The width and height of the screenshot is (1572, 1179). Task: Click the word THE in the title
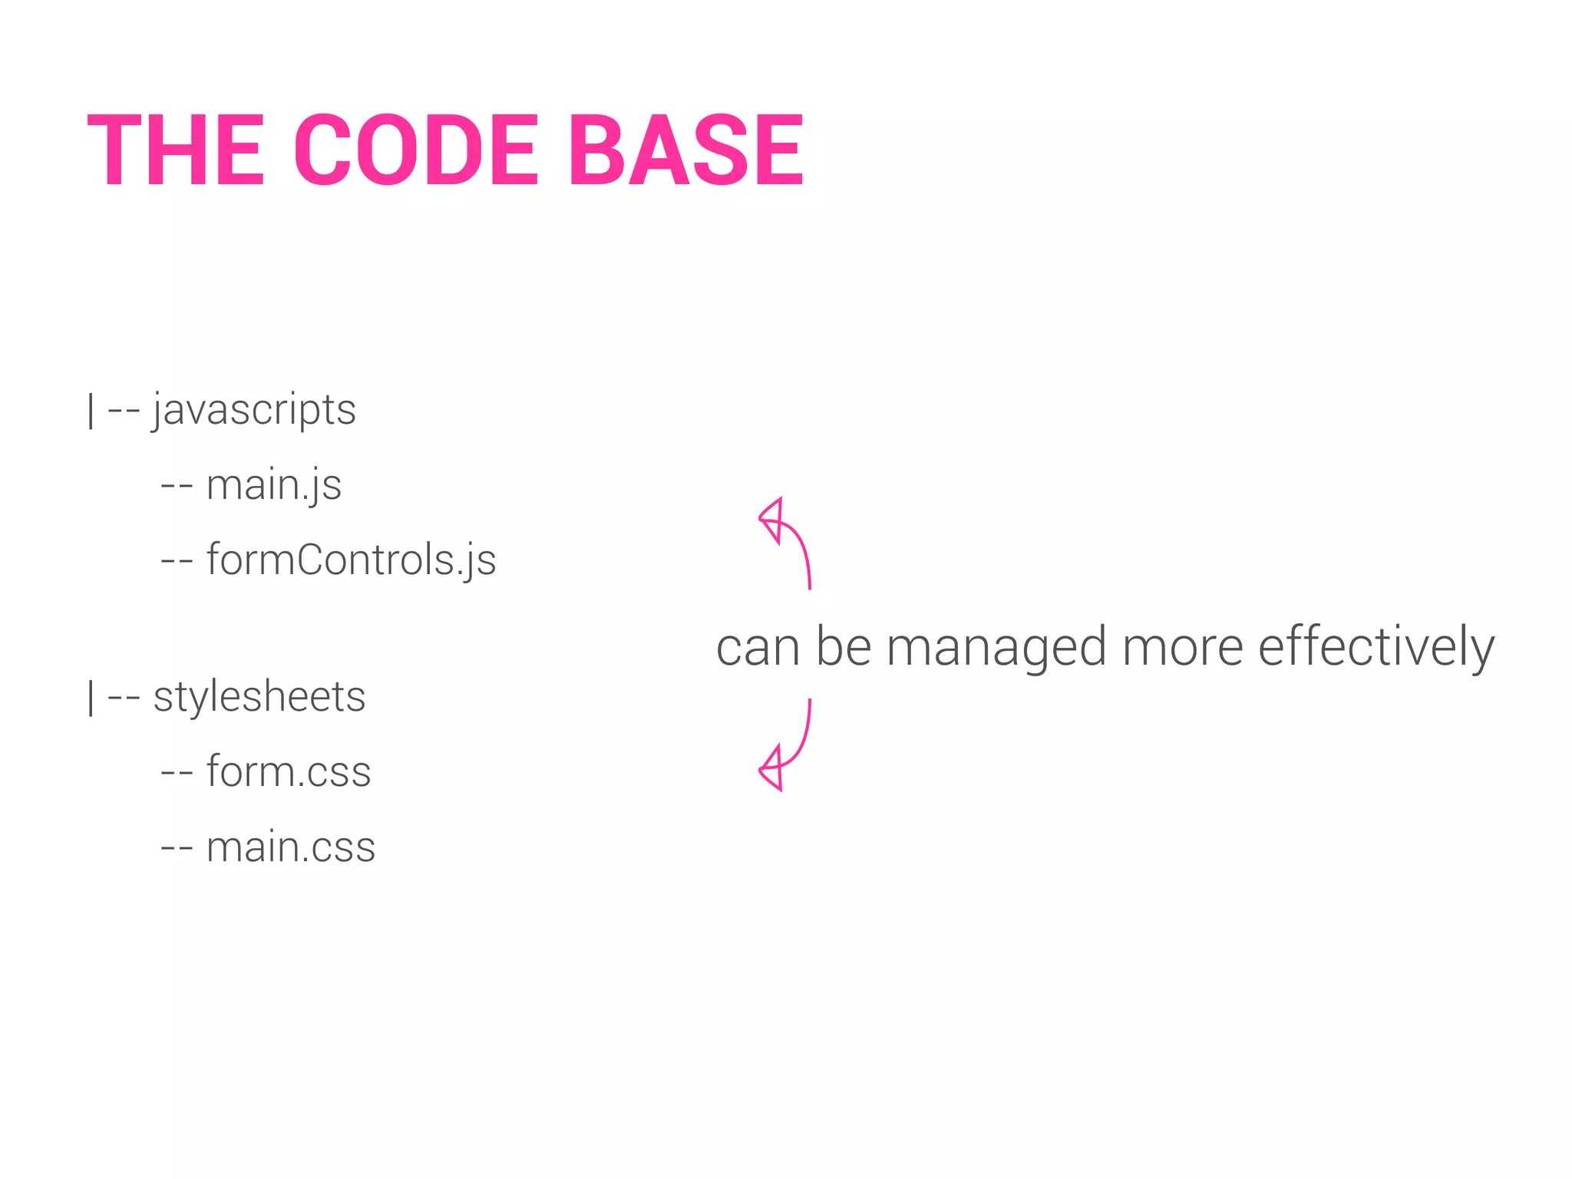(176, 150)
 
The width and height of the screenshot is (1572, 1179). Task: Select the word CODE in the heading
(417, 150)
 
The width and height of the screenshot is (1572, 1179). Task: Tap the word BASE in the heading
(685, 150)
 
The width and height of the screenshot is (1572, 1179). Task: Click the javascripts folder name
(254, 410)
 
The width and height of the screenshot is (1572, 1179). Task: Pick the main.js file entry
(273, 485)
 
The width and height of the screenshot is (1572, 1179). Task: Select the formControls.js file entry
(351, 560)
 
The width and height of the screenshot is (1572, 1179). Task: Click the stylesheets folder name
(259, 697)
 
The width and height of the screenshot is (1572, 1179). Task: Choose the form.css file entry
(289, 771)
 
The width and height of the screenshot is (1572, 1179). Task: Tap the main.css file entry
(291, 847)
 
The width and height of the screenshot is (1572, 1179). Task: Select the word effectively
(1375, 647)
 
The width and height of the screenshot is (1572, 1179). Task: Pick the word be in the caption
(843, 647)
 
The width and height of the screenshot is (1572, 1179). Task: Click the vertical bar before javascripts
(91, 411)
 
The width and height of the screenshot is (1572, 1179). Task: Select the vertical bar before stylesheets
(91, 698)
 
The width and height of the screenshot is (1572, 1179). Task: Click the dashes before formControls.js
(176, 562)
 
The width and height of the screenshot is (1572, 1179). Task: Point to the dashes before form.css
(176, 774)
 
